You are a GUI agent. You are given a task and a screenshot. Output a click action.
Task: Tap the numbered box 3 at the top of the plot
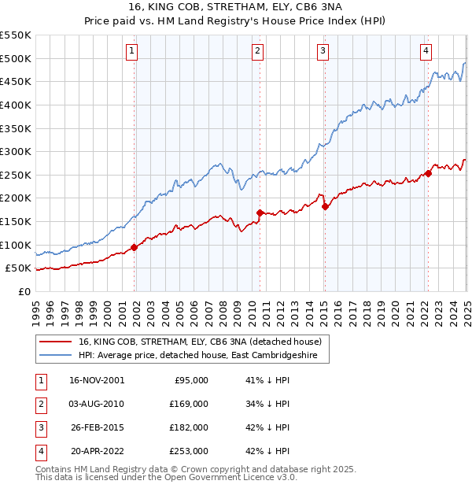(x=323, y=52)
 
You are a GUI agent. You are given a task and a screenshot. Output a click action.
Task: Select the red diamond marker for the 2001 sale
(x=134, y=247)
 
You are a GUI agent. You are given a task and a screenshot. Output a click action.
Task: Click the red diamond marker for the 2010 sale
(x=260, y=213)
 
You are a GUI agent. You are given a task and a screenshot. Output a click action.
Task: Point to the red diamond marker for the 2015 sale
(x=325, y=206)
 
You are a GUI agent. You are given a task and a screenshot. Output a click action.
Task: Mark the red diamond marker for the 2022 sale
(x=428, y=173)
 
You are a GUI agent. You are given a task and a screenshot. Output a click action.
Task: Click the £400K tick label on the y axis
(x=16, y=105)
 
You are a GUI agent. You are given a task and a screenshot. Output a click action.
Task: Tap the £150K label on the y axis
(x=16, y=222)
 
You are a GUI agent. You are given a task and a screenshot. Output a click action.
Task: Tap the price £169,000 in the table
(x=190, y=404)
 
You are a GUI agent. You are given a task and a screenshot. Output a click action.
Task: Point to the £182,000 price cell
(x=190, y=427)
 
